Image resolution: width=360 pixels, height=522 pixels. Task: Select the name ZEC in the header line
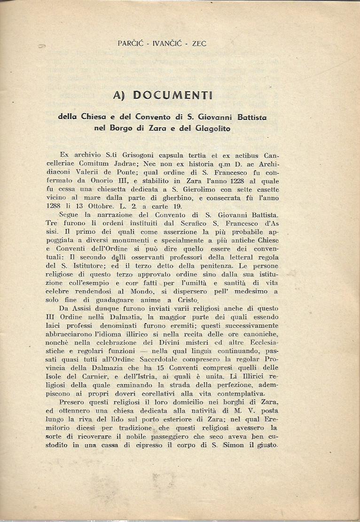tap(198, 44)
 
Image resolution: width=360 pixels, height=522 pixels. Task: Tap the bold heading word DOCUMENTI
tap(173, 95)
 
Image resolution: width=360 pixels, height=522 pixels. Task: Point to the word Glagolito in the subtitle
tap(211, 127)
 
